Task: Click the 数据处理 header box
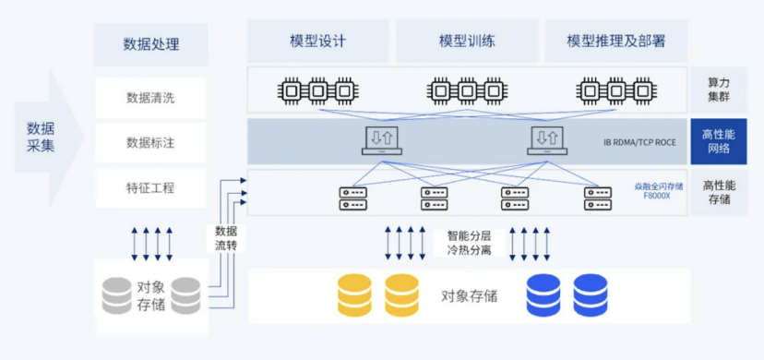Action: (150, 43)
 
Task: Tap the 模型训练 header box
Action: (466, 42)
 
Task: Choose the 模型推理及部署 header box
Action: (615, 42)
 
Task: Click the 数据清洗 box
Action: (150, 97)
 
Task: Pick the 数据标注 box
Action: (150, 142)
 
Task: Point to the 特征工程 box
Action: (150, 187)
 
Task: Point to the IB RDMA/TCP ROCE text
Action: (639, 143)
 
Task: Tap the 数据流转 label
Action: (226, 238)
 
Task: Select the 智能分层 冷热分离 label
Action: (470, 242)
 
